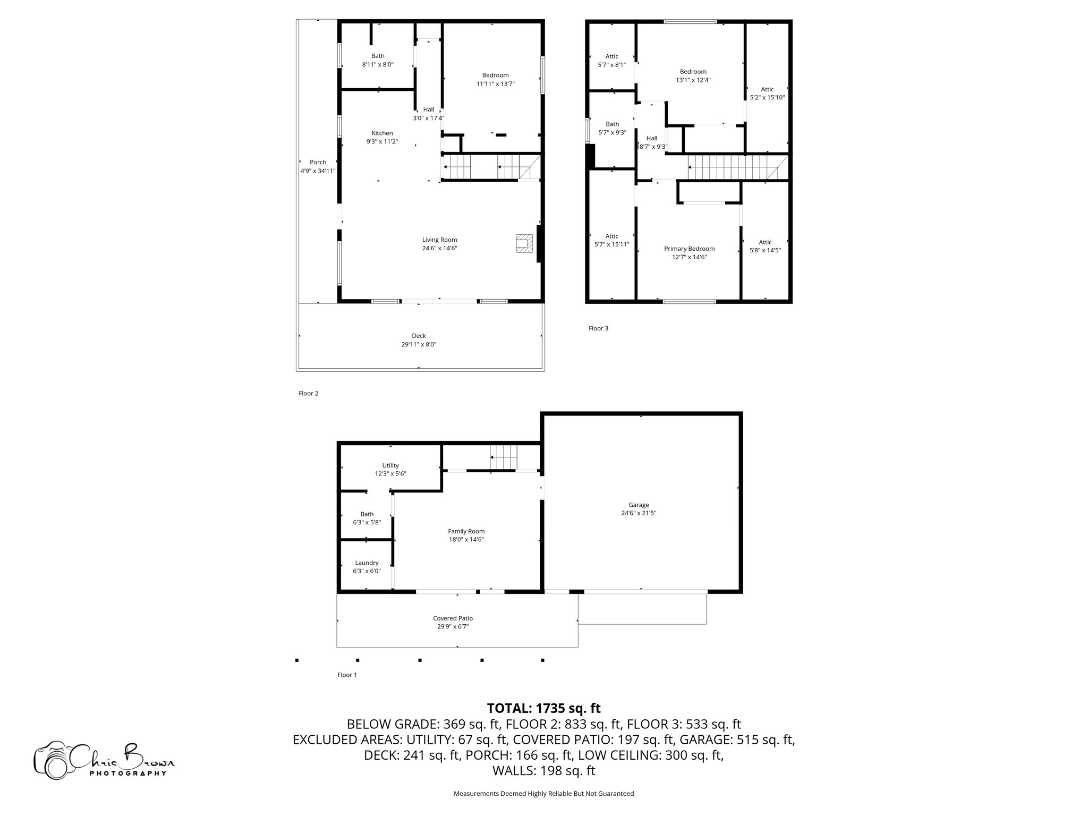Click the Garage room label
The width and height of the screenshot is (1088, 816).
(639, 505)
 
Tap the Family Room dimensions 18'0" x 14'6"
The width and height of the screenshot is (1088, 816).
(466, 540)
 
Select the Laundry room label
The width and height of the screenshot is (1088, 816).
(367, 563)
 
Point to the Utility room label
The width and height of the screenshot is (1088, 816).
(390, 465)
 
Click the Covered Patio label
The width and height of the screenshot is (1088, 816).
(453, 618)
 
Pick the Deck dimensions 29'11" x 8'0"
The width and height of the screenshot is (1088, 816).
(419, 344)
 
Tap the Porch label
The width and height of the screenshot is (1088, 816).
(318, 162)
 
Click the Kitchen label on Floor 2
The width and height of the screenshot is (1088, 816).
(382, 133)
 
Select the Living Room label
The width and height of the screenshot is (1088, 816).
(440, 240)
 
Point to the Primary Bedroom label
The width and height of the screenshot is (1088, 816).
(690, 249)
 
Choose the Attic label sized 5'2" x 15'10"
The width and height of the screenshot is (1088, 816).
(767, 89)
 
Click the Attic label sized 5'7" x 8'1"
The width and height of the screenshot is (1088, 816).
(612, 56)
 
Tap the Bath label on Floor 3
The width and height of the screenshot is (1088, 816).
(613, 124)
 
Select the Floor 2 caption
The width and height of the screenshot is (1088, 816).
(309, 394)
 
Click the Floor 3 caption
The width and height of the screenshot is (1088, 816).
(599, 328)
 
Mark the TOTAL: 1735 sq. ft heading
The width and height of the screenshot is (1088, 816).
(544, 708)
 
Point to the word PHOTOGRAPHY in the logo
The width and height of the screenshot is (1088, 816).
(128, 773)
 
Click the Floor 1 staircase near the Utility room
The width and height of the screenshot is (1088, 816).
(503, 457)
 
